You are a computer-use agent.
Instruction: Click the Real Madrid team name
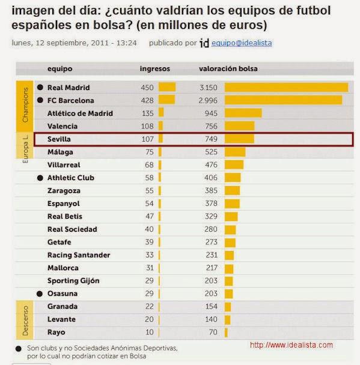[x=69, y=87]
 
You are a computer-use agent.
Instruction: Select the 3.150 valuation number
[x=207, y=87]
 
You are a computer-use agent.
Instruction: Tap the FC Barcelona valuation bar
[x=283, y=100]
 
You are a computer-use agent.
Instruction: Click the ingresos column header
[x=154, y=68]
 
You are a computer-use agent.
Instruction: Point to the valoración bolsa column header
[x=228, y=68]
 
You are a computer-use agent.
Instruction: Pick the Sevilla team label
[x=59, y=139]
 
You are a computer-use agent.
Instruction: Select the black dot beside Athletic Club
[x=40, y=178]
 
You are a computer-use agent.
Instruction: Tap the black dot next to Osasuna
[x=40, y=294]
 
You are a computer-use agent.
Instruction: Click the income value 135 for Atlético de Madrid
[x=147, y=113]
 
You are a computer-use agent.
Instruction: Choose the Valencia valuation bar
[x=239, y=126]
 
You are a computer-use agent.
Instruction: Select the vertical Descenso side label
[x=25, y=319]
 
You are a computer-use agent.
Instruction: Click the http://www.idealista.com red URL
[x=291, y=345]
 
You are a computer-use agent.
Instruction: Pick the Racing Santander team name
[x=78, y=255]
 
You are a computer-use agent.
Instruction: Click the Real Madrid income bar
[x=166, y=87]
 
